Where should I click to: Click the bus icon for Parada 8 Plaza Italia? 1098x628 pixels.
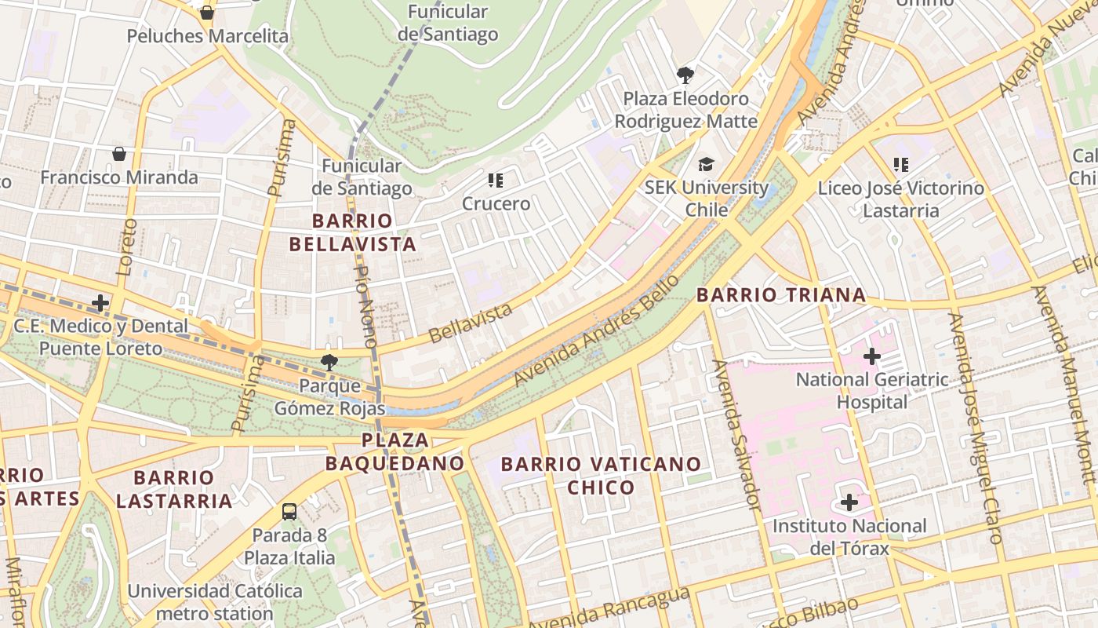(289, 512)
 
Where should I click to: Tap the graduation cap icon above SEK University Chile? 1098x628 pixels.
(707, 165)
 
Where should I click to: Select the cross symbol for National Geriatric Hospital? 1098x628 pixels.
(871, 356)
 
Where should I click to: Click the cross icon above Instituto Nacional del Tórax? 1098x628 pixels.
(849, 502)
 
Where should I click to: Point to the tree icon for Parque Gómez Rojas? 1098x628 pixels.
(329, 362)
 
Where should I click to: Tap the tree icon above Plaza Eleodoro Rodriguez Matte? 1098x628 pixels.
(685, 75)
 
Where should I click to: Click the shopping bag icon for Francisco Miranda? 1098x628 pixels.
(119, 154)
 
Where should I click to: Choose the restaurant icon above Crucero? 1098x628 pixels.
(496, 181)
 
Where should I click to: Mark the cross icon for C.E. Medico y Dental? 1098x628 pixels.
(100, 303)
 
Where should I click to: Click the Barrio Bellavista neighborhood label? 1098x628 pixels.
(352, 232)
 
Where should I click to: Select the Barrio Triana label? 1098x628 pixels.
(781, 295)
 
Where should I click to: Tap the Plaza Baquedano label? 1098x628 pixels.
(395, 452)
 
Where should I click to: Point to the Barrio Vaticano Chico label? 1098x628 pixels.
(601, 476)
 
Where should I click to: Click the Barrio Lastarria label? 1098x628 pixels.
(173, 489)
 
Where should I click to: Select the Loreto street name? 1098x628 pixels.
(126, 246)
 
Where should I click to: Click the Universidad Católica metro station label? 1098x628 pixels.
(215, 601)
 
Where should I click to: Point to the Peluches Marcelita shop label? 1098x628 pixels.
(207, 36)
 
